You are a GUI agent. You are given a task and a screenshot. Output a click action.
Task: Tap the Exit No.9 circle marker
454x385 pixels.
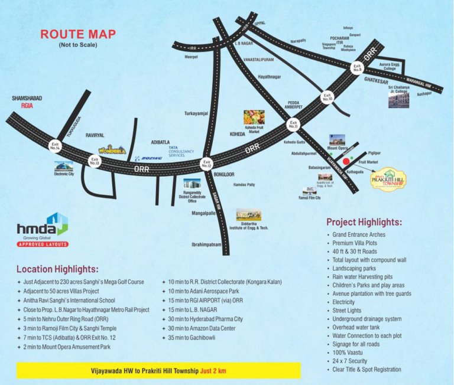click(357, 68)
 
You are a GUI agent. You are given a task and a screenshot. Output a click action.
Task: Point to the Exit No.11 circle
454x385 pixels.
click(293, 125)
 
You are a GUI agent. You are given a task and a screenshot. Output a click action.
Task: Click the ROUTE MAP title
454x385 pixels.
click(77, 34)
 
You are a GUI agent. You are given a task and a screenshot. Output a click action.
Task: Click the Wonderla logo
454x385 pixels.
click(112, 150)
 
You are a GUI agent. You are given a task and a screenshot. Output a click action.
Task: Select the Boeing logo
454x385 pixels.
click(148, 158)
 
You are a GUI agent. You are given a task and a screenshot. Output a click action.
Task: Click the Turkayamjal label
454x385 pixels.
click(196, 113)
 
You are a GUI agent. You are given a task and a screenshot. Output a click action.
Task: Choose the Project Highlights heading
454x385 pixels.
click(364, 223)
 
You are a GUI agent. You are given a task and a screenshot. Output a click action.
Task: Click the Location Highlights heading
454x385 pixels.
click(57, 269)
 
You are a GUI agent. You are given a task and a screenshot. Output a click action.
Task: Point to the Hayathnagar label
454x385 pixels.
click(270, 77)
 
